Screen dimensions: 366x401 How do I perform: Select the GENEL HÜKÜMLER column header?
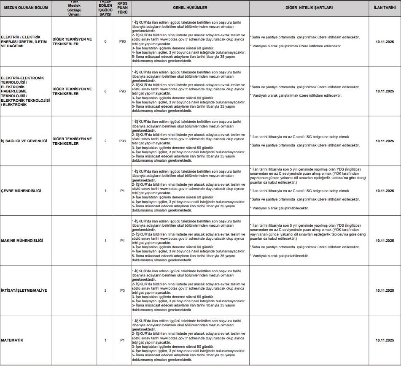(190, 8)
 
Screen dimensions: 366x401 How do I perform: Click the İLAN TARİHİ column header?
(385, 8)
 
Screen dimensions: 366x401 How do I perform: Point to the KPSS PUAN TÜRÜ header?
(122, 8)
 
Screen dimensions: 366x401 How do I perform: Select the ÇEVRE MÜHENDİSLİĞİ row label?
(21, 191)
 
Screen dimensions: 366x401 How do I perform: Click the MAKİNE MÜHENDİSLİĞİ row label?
(22, 241)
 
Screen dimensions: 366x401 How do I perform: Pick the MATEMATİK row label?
(12, 340)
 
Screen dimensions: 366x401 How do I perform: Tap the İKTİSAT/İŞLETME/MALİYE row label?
(24, 290)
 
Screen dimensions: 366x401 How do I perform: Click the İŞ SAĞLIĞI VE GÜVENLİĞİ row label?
(24, 141)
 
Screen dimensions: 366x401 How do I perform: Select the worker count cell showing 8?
(105, 91)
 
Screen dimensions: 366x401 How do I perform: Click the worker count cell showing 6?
(105, 41)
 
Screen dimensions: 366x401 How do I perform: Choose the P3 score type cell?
(122, 290)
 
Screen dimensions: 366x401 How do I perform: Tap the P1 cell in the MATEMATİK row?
(122, 340)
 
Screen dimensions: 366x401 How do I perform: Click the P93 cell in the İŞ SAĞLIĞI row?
(122, 141)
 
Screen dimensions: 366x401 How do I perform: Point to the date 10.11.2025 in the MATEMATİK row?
(385, 340)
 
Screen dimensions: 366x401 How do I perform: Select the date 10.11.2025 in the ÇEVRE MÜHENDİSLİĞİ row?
(385, 191)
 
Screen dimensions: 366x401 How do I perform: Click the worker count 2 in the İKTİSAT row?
(105, 290)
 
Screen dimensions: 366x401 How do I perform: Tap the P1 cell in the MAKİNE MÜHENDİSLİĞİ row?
(122, 241)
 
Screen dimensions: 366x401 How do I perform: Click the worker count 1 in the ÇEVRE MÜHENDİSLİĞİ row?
(105, 191)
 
